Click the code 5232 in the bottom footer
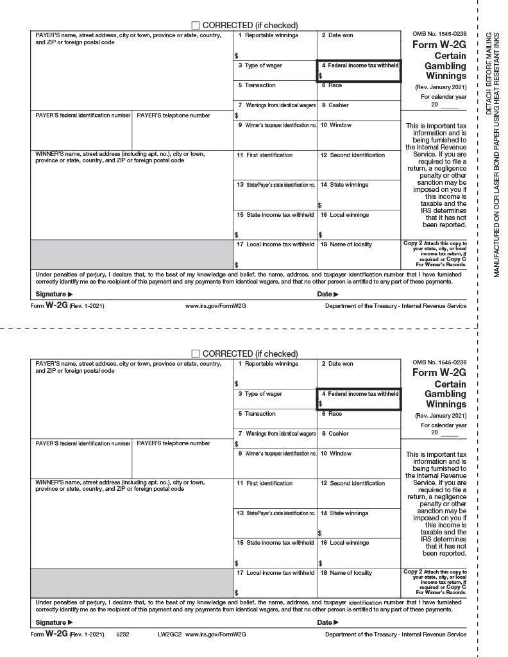(123, 635)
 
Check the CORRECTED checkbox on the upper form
(196, 25)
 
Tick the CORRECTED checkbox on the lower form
(196, 354)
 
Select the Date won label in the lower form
(337, 364)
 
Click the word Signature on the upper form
(51, 294)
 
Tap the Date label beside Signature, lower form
(325, 622)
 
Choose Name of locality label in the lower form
(346, 573)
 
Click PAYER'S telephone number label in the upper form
(173, 115)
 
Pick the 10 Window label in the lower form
(336, 454)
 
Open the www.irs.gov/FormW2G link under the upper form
(216, 306)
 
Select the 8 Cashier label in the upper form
(335, 105)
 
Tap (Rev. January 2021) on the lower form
(441, 415)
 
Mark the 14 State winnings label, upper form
(344, 185)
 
